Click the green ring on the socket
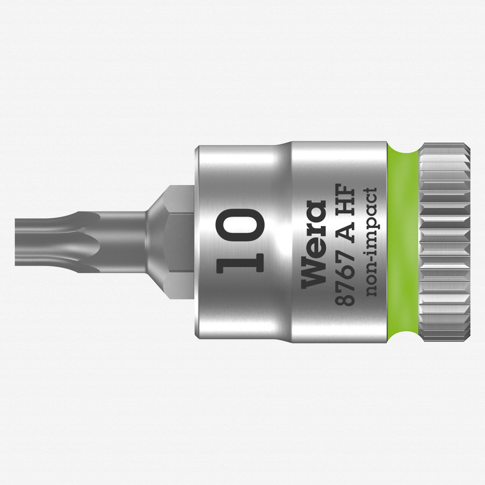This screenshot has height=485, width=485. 403,242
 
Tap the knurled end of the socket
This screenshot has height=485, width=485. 445,242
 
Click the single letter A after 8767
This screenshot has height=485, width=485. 343,232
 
